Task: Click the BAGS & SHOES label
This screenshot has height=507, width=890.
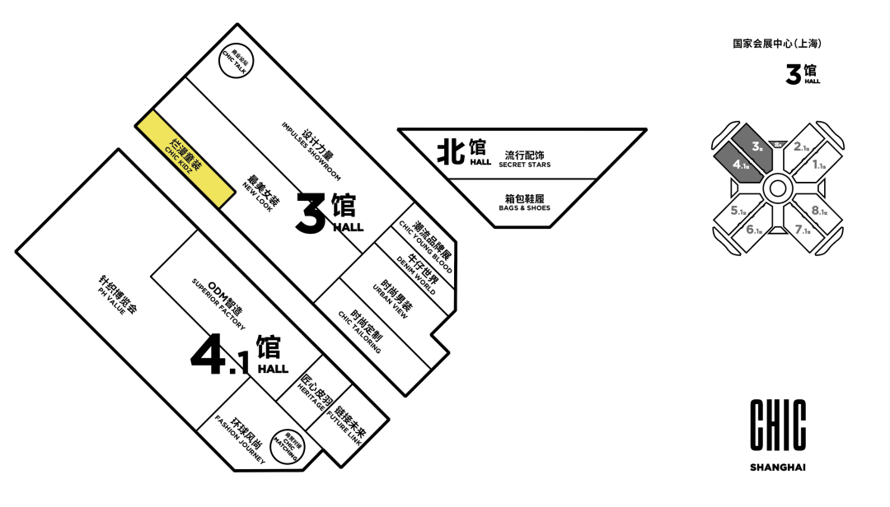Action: (x=524, y=202)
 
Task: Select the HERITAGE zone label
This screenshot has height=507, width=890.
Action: (x=313, y=393)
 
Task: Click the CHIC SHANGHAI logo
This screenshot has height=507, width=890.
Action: (x=777, y=435)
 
